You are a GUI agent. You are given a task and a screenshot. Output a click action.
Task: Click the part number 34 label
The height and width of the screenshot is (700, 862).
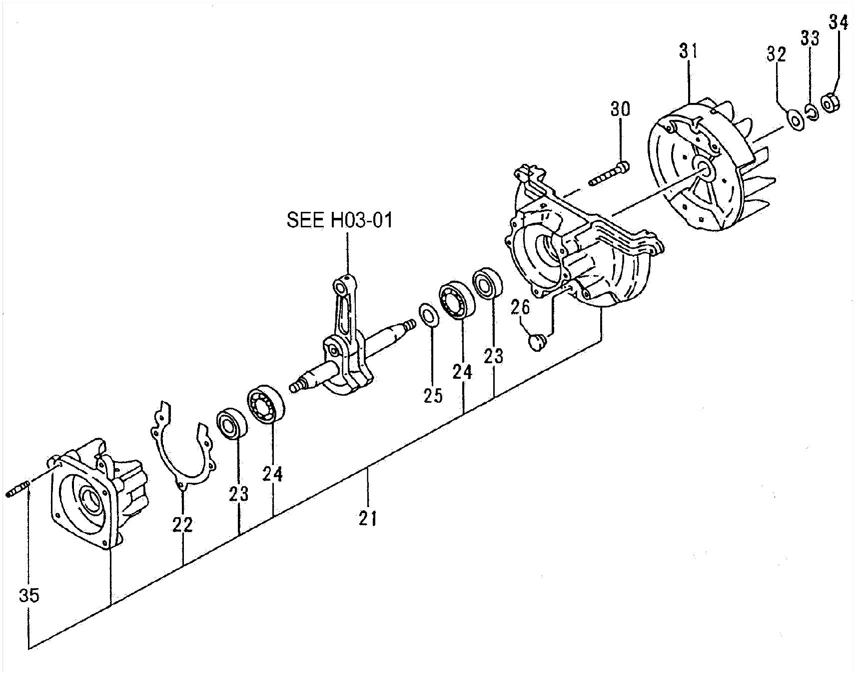[839, 22]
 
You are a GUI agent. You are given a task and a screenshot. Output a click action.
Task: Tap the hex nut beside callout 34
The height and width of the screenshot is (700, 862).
[831, 103]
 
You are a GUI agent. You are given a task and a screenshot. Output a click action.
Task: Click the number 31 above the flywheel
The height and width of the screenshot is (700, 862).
[688, 51]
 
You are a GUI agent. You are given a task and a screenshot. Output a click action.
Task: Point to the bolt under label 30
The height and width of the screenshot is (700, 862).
[609, 173]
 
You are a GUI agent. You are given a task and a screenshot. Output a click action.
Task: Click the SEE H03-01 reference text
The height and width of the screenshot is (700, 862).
[340, 220]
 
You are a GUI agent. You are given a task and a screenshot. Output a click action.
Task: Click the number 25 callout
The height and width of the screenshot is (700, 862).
[433, 395]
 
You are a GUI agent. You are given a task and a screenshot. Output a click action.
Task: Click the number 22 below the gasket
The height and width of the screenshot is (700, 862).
[182, 524]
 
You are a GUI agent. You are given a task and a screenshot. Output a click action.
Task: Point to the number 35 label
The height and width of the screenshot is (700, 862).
[29, 596]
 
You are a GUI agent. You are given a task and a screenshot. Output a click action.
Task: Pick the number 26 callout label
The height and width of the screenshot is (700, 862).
[520, 308]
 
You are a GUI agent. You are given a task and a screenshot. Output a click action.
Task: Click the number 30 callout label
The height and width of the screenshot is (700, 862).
[620, 109]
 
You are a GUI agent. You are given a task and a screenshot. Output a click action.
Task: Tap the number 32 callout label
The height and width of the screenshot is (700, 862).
[777, 54]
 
